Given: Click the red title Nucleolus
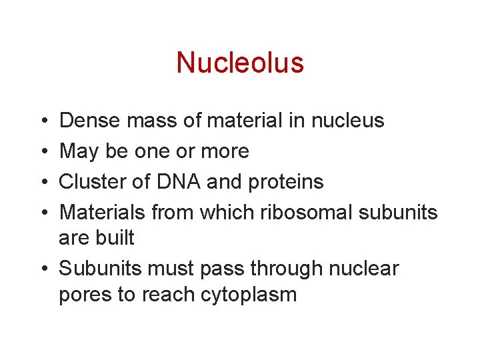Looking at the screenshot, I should click(x=240, y=63).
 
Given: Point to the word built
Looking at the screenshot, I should click(x=116, y=237).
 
